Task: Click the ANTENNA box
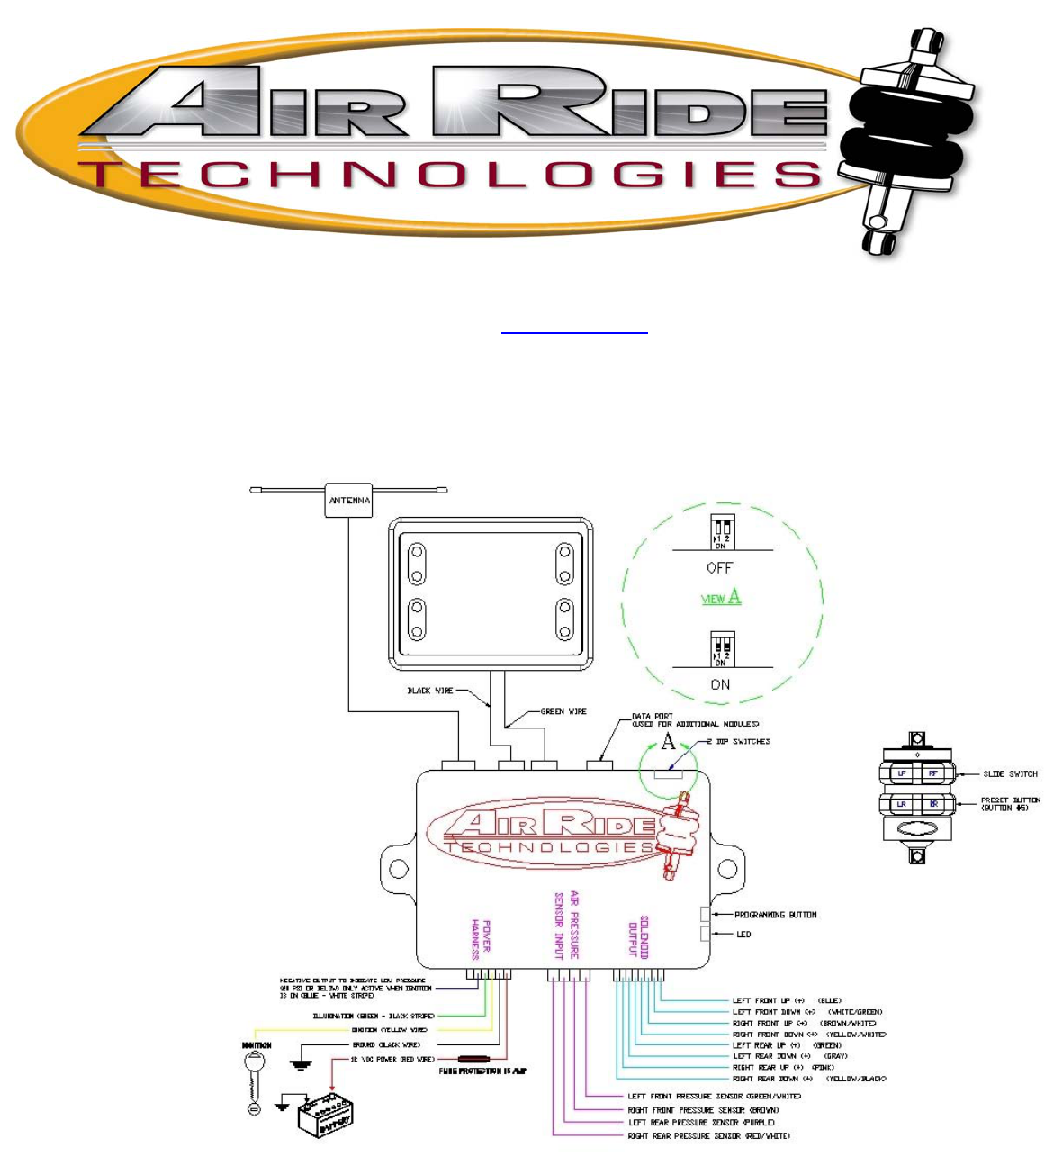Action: click(349, 501)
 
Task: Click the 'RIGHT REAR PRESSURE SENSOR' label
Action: click(708, 1136)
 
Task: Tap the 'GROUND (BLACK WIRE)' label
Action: click(386, 1044)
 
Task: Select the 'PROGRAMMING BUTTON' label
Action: click(775, 915)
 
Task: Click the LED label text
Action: click(743, 935)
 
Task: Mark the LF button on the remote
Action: click(901, 773)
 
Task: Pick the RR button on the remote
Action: click(932, 804)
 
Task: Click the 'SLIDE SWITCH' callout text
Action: click(1010, 774)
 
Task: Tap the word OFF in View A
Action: click(720, 568)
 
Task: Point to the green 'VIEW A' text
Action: click(721, 597)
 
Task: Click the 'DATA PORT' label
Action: click(653, 717)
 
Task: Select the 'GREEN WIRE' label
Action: click(563, 711)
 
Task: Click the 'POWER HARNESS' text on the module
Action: click(481, 939)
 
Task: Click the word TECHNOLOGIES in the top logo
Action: click(450, 175)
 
